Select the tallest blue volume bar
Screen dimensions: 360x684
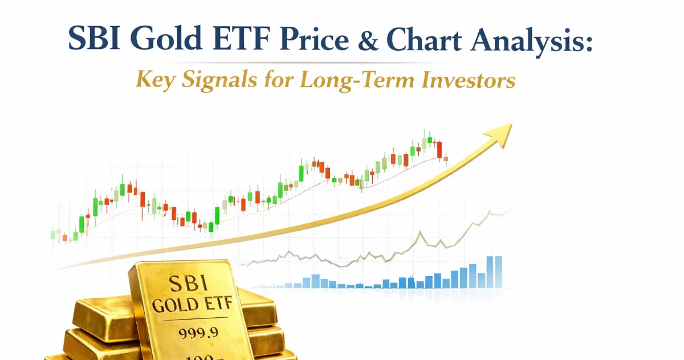490,272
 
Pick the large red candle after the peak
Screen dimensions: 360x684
439,149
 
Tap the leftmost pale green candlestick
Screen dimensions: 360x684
53,234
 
